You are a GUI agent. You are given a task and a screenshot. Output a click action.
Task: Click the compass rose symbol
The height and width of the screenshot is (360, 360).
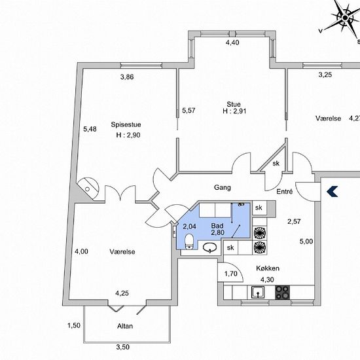[x=346, y=18]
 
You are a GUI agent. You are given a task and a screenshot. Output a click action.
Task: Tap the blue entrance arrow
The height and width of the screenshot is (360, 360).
[x=333, y=192]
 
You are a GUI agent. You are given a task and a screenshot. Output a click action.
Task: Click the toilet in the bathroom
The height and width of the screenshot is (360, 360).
[x=189, y=242]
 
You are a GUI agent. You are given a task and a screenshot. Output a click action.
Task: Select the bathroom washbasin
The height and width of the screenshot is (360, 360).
[x=210, y=247]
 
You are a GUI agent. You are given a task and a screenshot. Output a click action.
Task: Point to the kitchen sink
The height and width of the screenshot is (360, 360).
[x=258, y=293]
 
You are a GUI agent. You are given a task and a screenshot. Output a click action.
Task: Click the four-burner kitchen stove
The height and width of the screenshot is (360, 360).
[x=282, y=293]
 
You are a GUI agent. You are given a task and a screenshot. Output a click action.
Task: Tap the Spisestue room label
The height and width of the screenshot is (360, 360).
[x=126, y=124]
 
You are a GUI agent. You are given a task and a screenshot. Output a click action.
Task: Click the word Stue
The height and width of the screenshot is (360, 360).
[x=234, y=104]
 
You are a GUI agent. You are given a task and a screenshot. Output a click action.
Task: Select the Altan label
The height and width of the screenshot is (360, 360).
[x=125, y=326]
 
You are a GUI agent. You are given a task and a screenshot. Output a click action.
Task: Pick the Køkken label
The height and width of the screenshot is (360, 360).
[x=268, y=268]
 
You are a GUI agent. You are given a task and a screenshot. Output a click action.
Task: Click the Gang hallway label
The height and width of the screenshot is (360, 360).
[x=223, y=188]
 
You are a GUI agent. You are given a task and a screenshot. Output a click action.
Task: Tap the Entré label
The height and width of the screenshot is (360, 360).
[x=285, y=191]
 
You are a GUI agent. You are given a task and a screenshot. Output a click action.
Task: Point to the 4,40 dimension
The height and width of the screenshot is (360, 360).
[x=232, y=43]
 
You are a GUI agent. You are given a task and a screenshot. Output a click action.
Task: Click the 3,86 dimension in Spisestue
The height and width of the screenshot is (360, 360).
[x=127, y=77]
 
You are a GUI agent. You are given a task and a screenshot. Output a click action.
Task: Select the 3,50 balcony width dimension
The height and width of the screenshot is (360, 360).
[x=122, y=347]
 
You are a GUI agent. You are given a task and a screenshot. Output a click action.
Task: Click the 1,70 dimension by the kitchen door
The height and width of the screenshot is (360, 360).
[x=231, y=274]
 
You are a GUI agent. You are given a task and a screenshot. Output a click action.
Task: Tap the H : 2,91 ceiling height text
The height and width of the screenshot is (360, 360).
[x=234, y=111]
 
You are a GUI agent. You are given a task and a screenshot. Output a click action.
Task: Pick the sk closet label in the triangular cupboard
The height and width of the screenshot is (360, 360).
[x=276, y=163]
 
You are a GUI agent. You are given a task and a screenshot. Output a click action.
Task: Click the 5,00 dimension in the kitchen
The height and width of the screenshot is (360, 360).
[x=306, y=242]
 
